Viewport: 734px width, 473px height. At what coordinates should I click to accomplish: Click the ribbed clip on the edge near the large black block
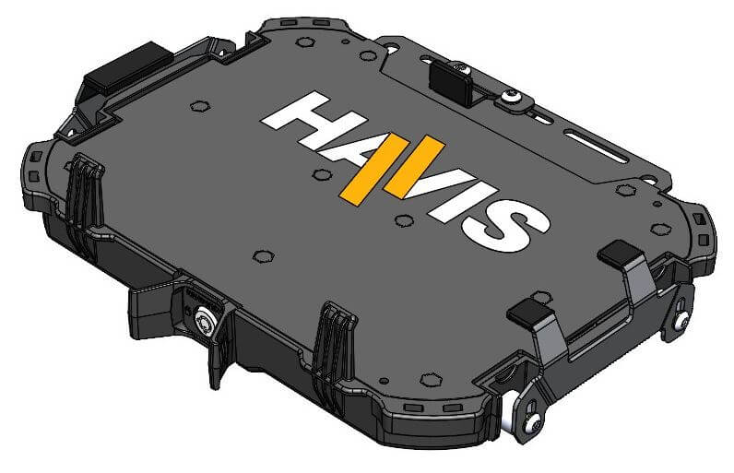click(84, 196)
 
